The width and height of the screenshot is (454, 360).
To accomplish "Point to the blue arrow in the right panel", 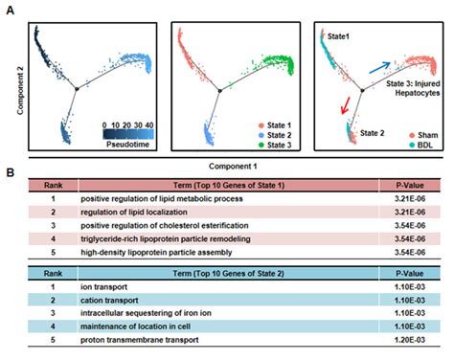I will coord(379,65).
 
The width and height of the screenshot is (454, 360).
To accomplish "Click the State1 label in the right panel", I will coord(342,35).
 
